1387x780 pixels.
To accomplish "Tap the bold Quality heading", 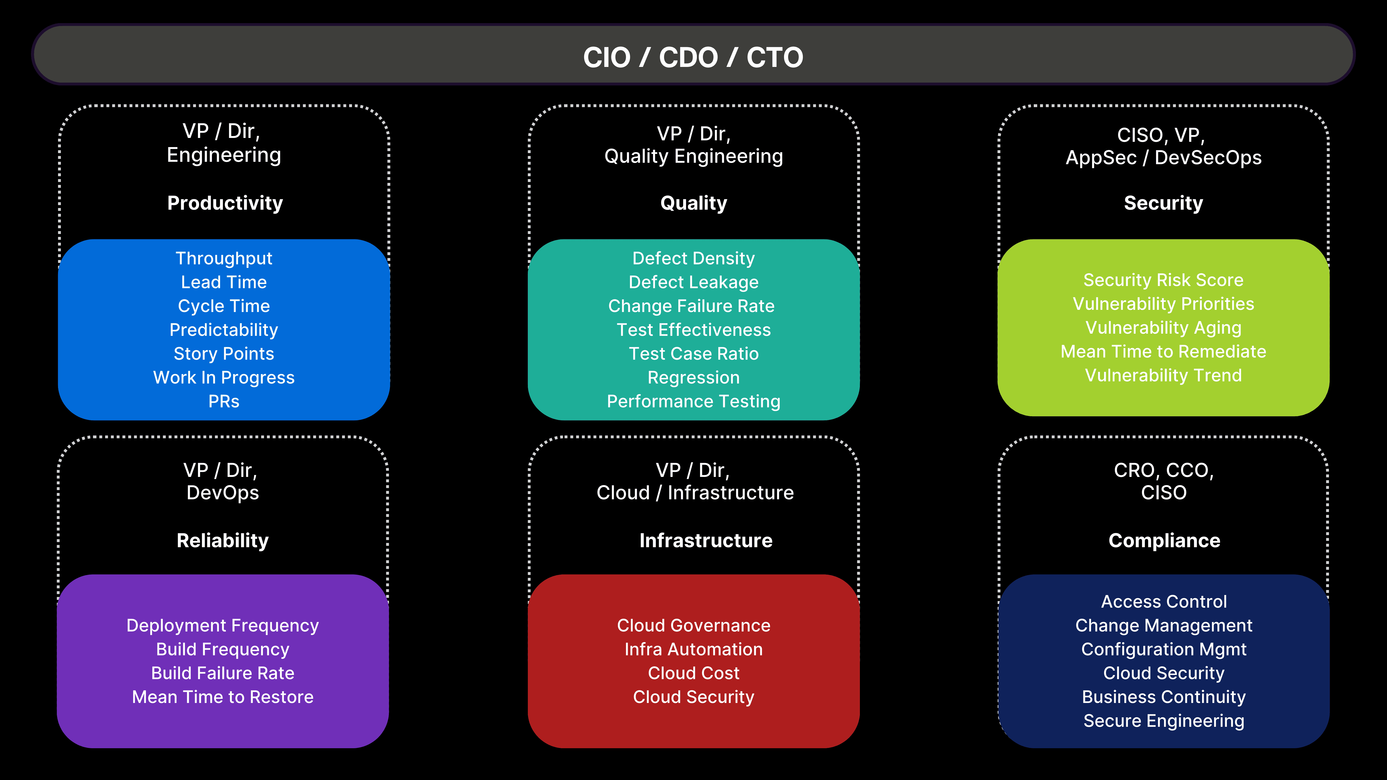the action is click(693, 203).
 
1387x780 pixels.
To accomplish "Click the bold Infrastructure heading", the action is click(706, 540).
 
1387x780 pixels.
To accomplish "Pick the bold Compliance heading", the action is click(1164, 540).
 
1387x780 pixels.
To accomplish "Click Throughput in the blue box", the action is click(224, 258).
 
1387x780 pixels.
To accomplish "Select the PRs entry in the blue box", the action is click(224, 402).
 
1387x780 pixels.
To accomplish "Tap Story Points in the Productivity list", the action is click(224, 354).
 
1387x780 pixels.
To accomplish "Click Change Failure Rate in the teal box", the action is click(691, 306).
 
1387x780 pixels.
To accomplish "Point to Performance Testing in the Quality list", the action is click(693, 402).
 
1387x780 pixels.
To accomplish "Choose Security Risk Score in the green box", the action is click(1164, 280).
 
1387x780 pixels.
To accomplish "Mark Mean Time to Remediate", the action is click(1164, 351).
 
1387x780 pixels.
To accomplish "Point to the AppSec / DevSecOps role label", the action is click(1164, 158).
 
